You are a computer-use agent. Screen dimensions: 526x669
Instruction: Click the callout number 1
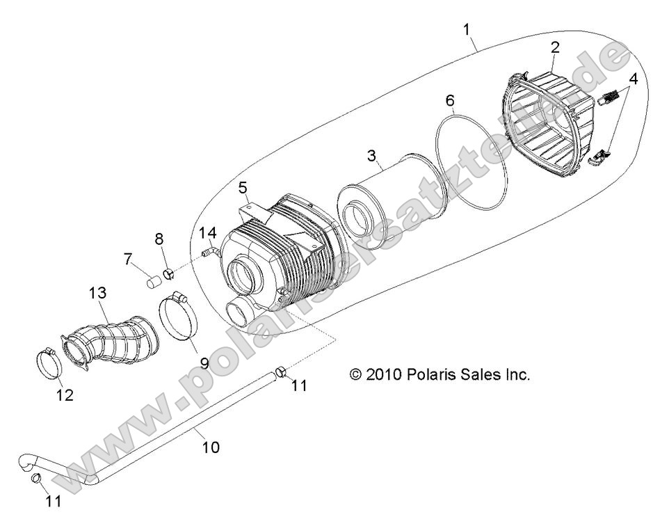coord(467,29)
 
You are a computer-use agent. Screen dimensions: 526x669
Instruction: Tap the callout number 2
coord(554,47)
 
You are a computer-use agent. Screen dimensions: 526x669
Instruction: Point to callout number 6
coord(450,101)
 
